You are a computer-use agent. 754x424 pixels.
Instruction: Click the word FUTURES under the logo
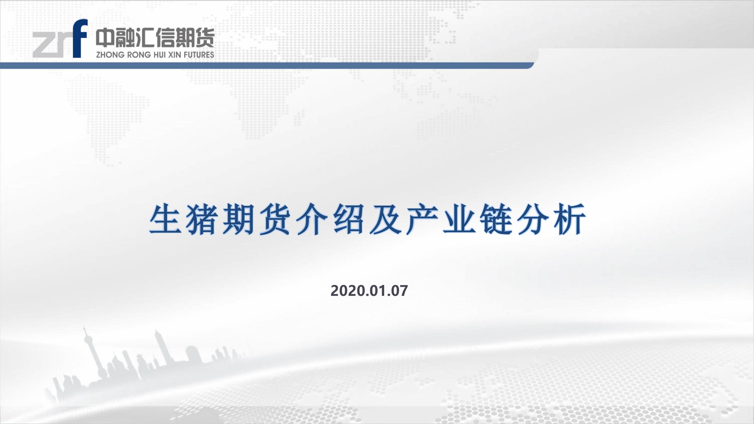point(199,55)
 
